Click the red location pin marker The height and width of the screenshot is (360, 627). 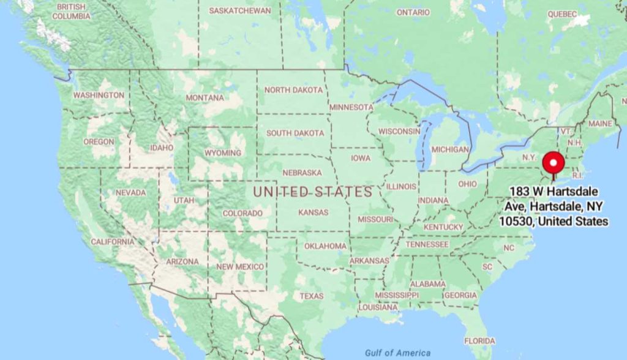click(x=554, y=163)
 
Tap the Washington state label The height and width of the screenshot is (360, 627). click(x=99, y=96)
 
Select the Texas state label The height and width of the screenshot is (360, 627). click(x=311, y=296)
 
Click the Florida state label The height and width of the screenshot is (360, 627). click(x=479, y=340)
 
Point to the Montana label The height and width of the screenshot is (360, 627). click(x=205, y=98)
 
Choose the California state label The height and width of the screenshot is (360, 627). click(x=112, y=242)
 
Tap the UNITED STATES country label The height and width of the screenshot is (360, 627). click(x=313, y=192)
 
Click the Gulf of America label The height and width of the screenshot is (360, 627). click(x=397, y=353)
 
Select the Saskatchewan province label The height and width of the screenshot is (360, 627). click(x=239, y=11)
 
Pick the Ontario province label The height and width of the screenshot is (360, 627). click(x=413, y=12)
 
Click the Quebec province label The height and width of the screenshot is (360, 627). click(x=562, y=13)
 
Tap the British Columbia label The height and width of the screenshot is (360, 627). click(x=71, y=11)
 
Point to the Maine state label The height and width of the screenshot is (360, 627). click(x=599, y=124)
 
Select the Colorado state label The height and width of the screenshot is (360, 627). click(x=242, y=213)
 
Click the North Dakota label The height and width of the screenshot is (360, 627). click(x=293, y=90)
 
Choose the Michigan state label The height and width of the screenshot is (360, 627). click(x=449, y=149)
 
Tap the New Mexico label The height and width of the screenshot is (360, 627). click(x=240, y=267)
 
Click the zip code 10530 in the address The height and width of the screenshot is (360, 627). click(x=514, y=221)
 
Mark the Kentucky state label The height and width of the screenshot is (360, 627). click(x=443, y=227)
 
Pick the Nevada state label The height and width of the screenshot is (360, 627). click(x=130, y=193)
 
